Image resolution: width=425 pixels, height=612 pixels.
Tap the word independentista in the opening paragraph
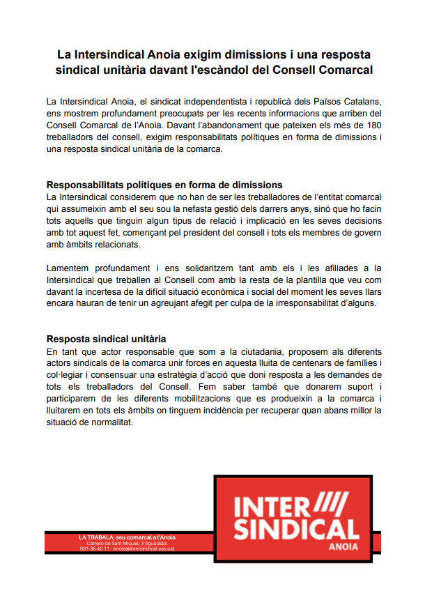(208, 102)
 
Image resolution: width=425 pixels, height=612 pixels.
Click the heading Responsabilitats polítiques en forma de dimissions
(164, 185)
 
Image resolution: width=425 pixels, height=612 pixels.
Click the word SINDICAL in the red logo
(295, 528)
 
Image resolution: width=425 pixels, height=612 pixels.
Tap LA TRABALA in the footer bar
(97, 537)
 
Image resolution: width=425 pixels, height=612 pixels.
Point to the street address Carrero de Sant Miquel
(107, 542)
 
